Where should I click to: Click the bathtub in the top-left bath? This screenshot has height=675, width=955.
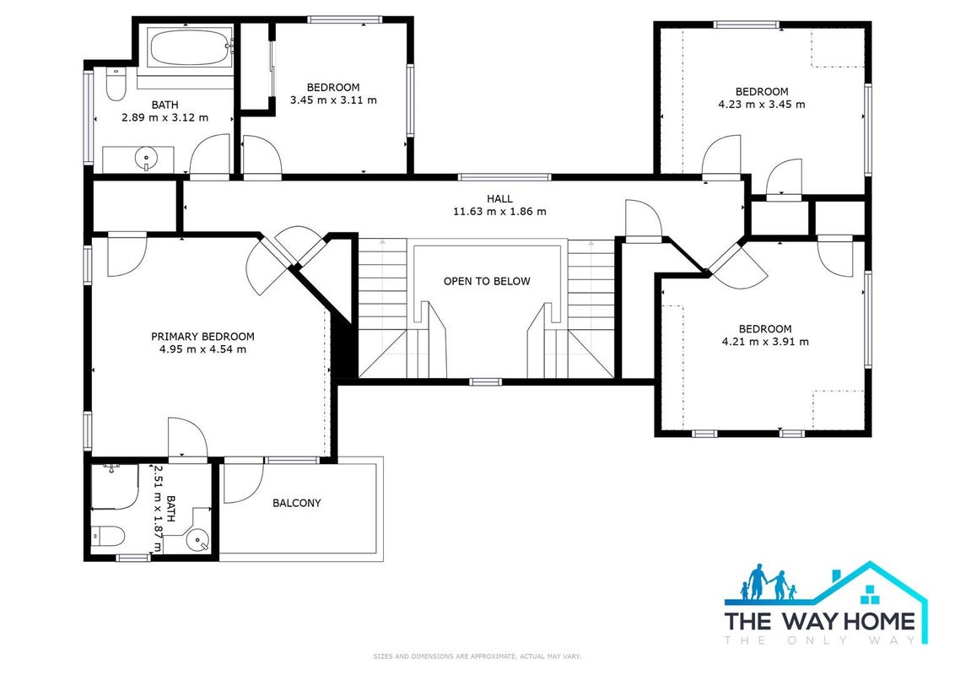click(190, 47)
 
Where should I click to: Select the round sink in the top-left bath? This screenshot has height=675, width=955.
click(146, 159)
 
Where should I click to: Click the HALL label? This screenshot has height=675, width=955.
click(499, 198)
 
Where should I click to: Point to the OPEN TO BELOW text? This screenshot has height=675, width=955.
click(487, 281)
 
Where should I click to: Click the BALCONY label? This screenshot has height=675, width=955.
click(297, 503)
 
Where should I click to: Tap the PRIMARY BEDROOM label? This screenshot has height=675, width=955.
click(202, 337)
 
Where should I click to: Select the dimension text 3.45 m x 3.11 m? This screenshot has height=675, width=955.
click(333, 100)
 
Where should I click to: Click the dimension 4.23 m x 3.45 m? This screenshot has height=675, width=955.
click(762, 104)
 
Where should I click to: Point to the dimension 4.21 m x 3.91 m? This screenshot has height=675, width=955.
click(765, 342)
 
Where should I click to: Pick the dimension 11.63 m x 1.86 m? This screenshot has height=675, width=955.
click(499, 212)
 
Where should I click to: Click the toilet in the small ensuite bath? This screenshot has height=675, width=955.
click(109, 536)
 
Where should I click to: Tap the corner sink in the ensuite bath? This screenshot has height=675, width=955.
click(198, 538)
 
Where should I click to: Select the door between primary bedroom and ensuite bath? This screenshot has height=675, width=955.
click(187, 437)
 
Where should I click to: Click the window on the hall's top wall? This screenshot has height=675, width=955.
click(504, 177)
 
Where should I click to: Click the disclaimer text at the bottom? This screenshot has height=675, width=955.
click(477, 656)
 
